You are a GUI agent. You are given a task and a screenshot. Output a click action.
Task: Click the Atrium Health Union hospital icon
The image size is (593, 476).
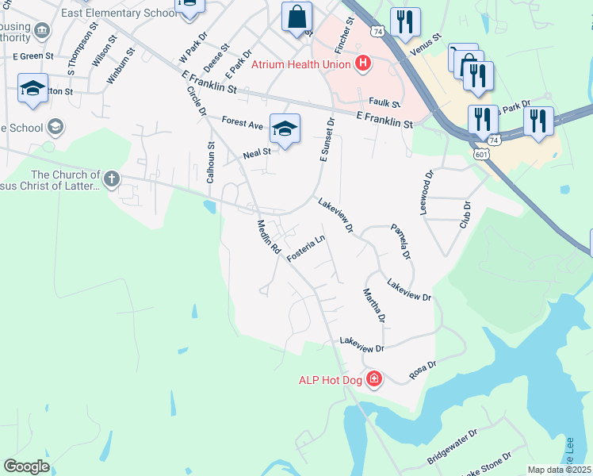pos(364,63)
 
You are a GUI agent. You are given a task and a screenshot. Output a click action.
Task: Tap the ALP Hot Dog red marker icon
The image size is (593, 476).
pos(374,380)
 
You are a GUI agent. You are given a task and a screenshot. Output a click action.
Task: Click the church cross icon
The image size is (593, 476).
pos(111,178)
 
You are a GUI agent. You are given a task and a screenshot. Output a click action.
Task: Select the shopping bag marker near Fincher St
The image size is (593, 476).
pos(296,17)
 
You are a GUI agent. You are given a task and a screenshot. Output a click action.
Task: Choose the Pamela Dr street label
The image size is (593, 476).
pos(401,242)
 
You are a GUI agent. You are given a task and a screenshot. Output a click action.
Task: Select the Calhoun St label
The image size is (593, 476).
pos(211,163)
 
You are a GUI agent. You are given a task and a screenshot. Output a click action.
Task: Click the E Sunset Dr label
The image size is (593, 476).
pos(327,139)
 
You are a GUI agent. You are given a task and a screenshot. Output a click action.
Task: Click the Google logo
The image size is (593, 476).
pos(26,466)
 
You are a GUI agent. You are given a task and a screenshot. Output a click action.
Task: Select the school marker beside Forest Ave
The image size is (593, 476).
pos(285,128)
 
